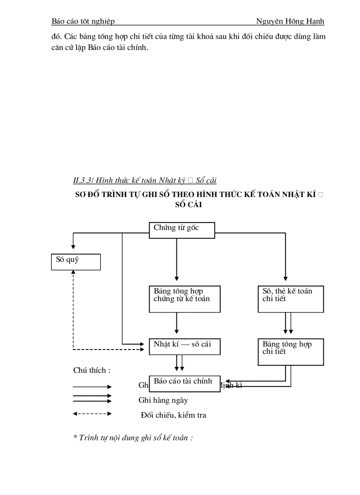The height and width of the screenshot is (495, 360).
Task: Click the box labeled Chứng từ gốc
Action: coord(182,230)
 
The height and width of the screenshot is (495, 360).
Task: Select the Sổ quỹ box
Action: coord(75,262)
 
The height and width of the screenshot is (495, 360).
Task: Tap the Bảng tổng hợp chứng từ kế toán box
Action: coord(184,299)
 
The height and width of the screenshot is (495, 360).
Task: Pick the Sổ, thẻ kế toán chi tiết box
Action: coord(291,299)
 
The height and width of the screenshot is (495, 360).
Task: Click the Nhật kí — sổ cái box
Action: coord(184,346)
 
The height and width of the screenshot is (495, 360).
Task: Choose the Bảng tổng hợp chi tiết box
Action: coord(291,352)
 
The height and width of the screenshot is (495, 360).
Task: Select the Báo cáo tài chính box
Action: coord(184,384)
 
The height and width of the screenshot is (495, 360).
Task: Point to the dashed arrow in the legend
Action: coord(92,414)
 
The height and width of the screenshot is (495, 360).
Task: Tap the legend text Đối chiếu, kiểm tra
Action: coord(173,415)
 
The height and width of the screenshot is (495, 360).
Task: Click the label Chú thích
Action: coord(92,370)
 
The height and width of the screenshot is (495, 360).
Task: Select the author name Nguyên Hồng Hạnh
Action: coord(290,22)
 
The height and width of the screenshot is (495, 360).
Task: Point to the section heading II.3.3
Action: coord(145,180)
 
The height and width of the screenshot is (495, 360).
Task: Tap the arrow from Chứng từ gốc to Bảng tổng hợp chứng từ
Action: coord(176,260)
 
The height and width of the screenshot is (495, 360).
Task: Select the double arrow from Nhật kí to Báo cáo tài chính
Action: coord(179,363)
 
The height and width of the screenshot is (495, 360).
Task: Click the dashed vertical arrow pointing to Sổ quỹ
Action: coord(73,309)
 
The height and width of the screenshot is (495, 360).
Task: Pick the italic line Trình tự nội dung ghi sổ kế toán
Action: coord(133,438)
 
